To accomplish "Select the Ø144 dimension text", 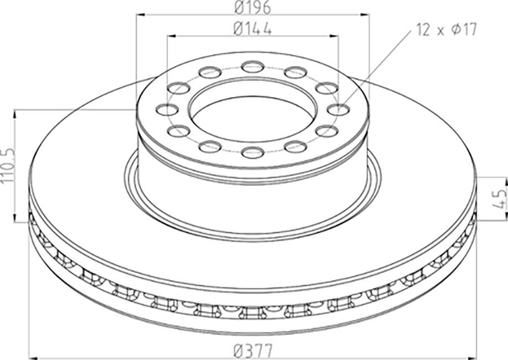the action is [252, 29].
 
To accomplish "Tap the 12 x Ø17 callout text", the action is [447, 30].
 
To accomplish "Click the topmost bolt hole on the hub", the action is [253, 66].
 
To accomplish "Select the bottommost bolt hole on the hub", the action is [253, 152].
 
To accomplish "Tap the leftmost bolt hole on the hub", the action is [167, 110].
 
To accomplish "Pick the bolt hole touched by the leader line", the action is [338, 110].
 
